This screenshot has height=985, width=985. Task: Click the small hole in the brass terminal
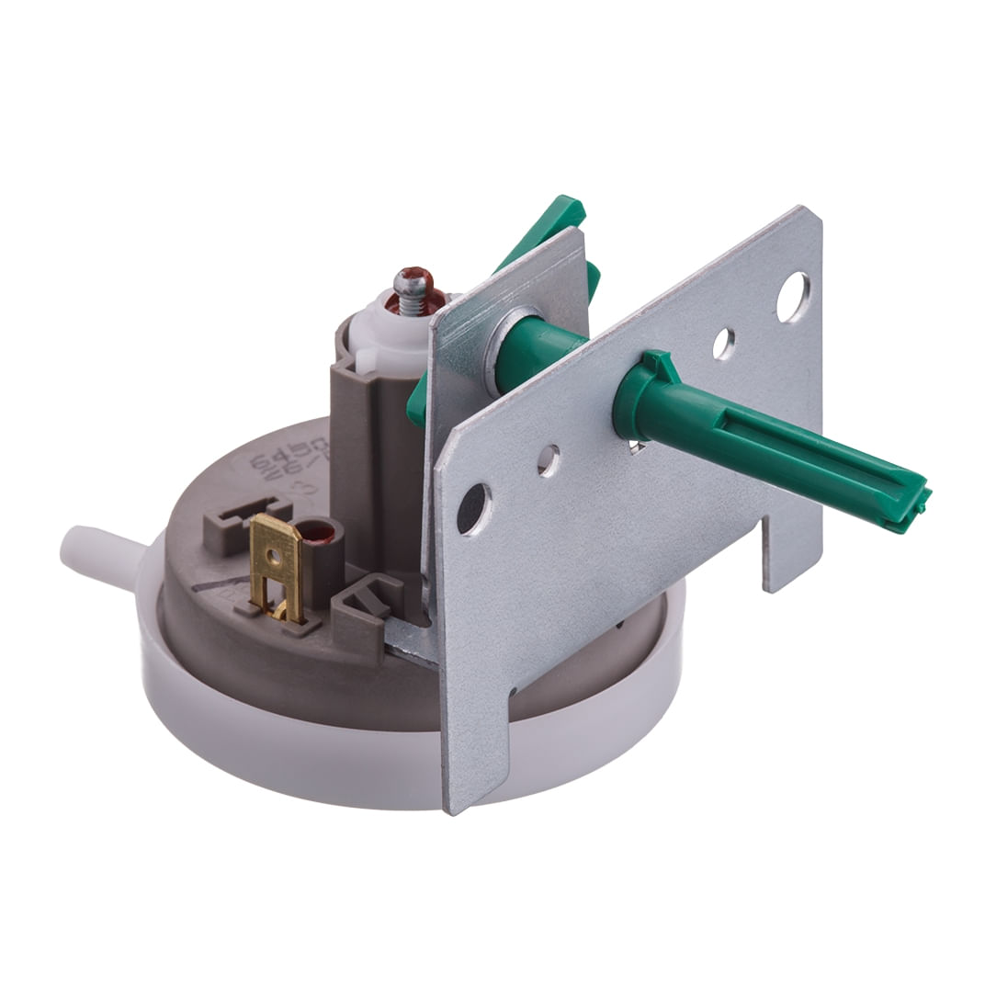click(x=273, y=556)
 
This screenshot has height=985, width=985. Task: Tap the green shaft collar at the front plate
click(x=643, y=395)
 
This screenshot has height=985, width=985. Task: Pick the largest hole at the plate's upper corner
click(x=792, y=297)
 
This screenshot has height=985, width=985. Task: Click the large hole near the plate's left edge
click(x=473, y=508)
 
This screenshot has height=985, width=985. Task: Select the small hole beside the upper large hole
click(x=723, y=344)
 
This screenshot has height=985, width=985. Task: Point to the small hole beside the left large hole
click(x=549, y=460)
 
